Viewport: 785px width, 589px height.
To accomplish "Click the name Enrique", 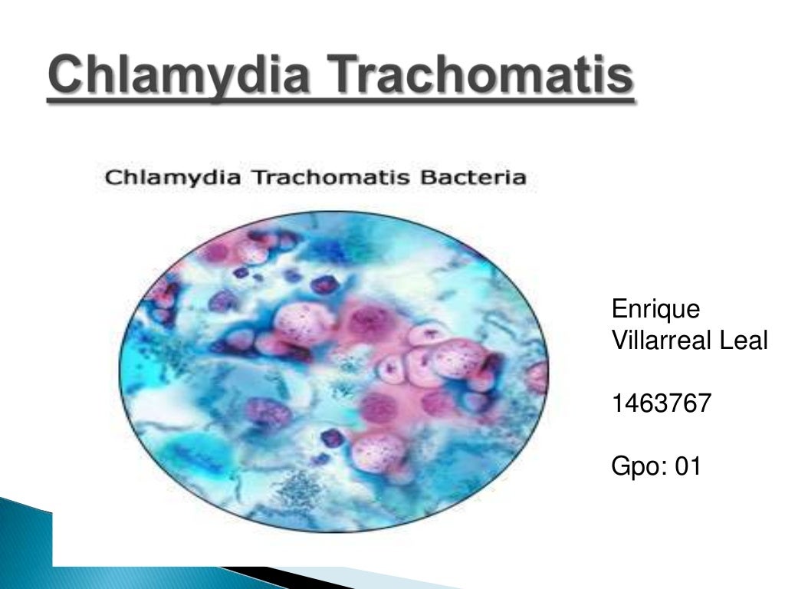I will click(x=655, y=311).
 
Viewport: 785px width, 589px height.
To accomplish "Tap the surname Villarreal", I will click(x=662, y=340).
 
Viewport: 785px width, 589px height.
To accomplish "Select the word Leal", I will click(x=743, y=340).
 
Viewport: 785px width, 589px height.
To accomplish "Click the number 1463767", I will click(x=660, y=403).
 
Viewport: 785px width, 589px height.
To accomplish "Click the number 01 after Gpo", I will click(x=688, y=466).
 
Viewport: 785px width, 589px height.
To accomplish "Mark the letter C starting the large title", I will click(x=62, y=77).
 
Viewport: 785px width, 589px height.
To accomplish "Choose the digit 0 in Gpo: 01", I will click(x=682, y=466).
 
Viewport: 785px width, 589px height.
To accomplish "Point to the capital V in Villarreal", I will click(x=619, y=340).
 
